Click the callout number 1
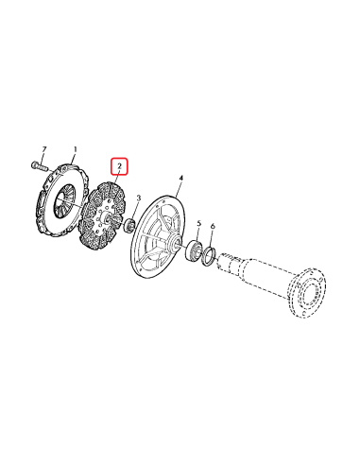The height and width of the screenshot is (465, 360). (76, 148)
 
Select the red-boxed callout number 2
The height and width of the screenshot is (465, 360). (119, 167)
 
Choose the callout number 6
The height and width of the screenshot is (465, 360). (214, 227)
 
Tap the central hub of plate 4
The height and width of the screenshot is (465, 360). (171, 245)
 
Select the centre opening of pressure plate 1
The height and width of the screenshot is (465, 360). (67, 198)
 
